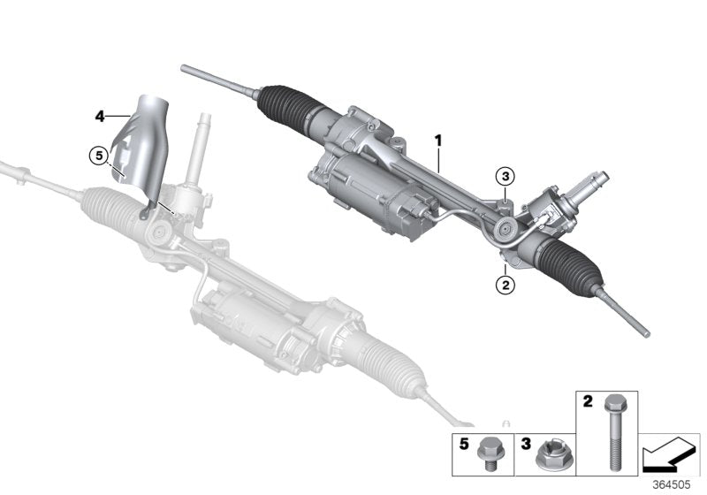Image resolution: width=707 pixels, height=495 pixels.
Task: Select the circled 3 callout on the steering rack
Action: (x=504, y=176)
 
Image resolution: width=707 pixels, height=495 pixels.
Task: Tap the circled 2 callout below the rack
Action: (x=504, y=284)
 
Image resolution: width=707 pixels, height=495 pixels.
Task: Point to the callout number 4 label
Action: (x=100, y=115)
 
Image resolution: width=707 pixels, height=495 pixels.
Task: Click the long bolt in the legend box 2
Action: (x=612, y=433)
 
